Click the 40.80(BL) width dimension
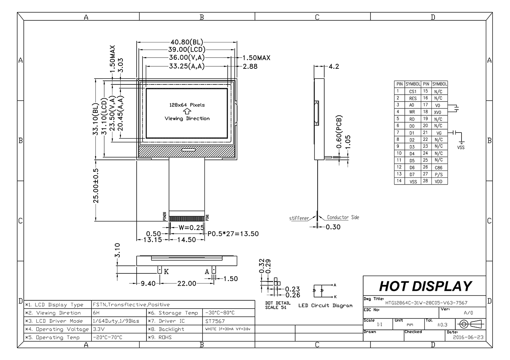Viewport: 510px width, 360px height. pos(187,42)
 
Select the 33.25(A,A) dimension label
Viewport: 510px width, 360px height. pos(187,66)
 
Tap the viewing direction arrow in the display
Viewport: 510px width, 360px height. pos(187,111)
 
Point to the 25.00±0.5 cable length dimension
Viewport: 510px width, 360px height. pos(96,186)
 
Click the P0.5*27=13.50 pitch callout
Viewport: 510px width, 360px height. pos(233,234)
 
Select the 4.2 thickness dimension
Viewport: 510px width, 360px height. pos(334,67)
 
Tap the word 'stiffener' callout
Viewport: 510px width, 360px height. pos(299,218)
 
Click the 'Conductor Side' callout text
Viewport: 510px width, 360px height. pos(343,217)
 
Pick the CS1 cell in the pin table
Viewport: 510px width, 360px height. pos(413,91)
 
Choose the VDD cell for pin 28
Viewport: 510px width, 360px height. pos(439,181)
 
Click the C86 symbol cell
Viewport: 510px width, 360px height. pos(439,168)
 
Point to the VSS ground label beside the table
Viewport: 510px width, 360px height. pos(460,147)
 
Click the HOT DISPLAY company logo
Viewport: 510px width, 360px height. pos(425,286)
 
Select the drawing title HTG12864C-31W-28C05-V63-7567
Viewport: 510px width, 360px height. pos(426,303)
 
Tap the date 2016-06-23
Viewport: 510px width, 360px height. pos(468,337)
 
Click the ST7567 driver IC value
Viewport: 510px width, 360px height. pos(215,321)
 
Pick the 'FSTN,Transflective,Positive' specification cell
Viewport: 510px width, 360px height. pos(131,304)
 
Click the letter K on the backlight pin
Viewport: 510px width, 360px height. pos(166,272)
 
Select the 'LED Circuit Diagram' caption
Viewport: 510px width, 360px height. pos(325,306)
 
